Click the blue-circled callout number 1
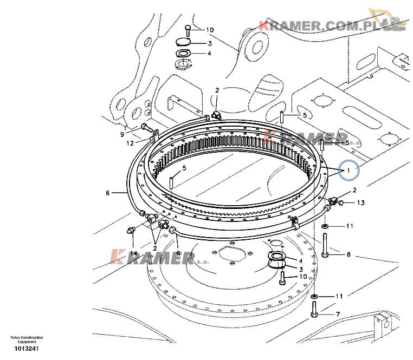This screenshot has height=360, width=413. pos(348,171)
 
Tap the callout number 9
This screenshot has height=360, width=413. pos(122,134)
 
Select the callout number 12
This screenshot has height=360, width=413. pos(130,143)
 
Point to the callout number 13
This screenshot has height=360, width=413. pos(360,202)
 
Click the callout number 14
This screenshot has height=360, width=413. pos(133,253)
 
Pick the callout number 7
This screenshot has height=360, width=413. pos(338,314)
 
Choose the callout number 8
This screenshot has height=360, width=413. pos(349,254)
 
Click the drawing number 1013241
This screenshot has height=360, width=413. pos(27,349)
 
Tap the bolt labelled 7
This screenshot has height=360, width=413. pos(314,309)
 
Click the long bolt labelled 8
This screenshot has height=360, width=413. pos(325,245)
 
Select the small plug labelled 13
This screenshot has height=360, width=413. pos(341,202)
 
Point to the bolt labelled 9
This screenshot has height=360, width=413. pos(147,127)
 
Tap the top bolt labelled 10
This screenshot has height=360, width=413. pos(188,31)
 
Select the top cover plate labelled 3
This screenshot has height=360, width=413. pos(183,42)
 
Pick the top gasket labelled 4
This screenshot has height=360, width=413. pos(183,54)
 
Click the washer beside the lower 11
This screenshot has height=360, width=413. pos(314,297)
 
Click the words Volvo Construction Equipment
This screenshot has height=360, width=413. pos(27,340)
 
